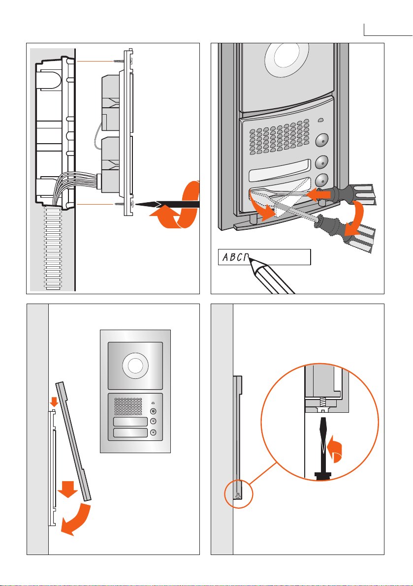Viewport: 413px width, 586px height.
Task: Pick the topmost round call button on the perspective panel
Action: coord(322,140)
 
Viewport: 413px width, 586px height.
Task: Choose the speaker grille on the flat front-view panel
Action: coord(128,405)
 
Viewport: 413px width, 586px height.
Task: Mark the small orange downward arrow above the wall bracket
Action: coord(54,402)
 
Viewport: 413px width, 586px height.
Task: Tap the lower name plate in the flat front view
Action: coord(130,433)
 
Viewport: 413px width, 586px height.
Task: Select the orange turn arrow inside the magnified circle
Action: coord(336,450)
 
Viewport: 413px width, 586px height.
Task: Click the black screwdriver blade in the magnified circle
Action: coord(322,440)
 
